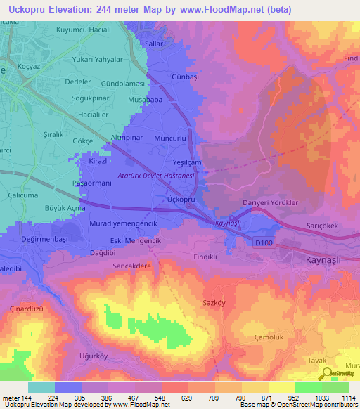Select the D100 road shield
264,242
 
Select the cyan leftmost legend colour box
41,387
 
